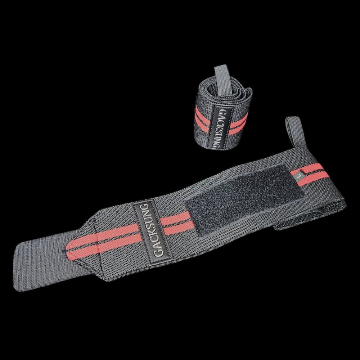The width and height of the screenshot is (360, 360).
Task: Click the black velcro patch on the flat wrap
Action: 245,198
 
